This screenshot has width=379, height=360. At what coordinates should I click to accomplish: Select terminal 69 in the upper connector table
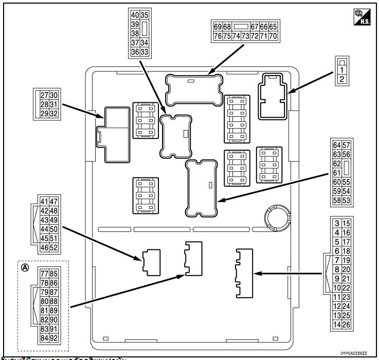[x=218, y=27]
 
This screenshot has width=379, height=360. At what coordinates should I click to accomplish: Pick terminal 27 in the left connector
[x=44, y=95]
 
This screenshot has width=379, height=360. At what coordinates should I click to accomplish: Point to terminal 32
[x=53, y=113]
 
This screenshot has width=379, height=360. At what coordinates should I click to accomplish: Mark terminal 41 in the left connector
[x=44, y=202]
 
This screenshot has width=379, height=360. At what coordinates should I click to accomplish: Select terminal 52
[x=53, y=248]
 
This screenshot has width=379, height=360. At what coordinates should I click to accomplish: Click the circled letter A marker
[x=25, y=267]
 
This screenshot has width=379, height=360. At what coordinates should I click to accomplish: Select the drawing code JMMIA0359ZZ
[x=353, y=353]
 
